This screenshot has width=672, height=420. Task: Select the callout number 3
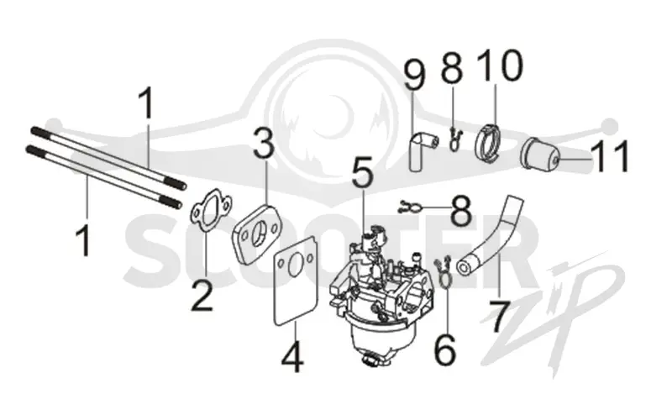tap(263, 143)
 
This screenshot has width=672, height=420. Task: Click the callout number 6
tap(445, 350)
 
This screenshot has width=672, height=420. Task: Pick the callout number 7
tap(500, 317)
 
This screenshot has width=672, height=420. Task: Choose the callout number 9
tap(414, 75)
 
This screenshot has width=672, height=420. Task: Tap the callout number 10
tap(500, 66)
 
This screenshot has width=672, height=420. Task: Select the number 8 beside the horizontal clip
tap(461, 211)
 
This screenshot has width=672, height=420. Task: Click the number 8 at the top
tap(452, 66)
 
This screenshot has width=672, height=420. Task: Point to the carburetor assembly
tap(381, 296)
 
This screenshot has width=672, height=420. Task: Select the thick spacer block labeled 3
tap(256, 233)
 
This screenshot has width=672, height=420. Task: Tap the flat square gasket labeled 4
tap(297, 285)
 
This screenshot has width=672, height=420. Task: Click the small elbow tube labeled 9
tap(421, 150)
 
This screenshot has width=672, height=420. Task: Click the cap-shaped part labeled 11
tap(539, 154)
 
